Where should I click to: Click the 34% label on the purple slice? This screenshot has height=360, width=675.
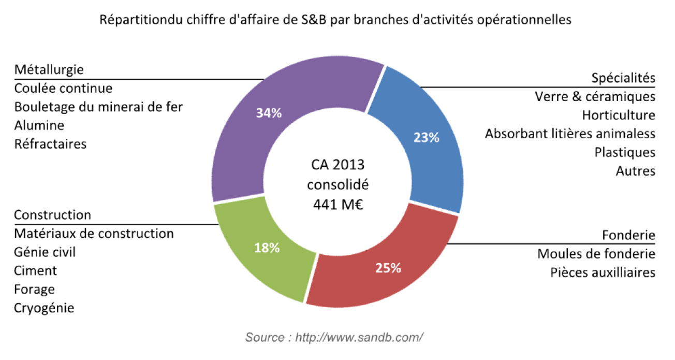tap(269, 113)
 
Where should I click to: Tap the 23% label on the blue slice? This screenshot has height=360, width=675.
tap(426, 138)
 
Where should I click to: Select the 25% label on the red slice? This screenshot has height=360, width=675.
tap(388, 268)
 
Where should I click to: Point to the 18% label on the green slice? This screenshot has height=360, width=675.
tap(267, 248)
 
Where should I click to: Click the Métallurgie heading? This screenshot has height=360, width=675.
tap(49, 69)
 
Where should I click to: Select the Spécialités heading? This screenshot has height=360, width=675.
tap(623, 78)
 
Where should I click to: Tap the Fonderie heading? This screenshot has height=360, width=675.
tap(628, 235)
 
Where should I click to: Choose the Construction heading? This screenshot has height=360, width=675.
tap(52, 214)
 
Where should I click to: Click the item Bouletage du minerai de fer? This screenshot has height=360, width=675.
tap(98, 107)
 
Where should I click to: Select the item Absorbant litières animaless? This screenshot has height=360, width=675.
tap(570, 134)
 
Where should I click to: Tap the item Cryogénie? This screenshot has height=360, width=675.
tap(44, 308)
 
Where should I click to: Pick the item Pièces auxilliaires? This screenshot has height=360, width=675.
tap(603, 272)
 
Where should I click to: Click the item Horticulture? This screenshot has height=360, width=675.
tap(618, 115)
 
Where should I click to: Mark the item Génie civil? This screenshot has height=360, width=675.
tap(45, 252)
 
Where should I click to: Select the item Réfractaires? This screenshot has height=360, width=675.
tap(50, 144)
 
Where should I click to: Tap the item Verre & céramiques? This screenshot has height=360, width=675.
tap(595, 96)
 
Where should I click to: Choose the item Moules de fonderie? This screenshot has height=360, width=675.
tap(596, 254)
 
